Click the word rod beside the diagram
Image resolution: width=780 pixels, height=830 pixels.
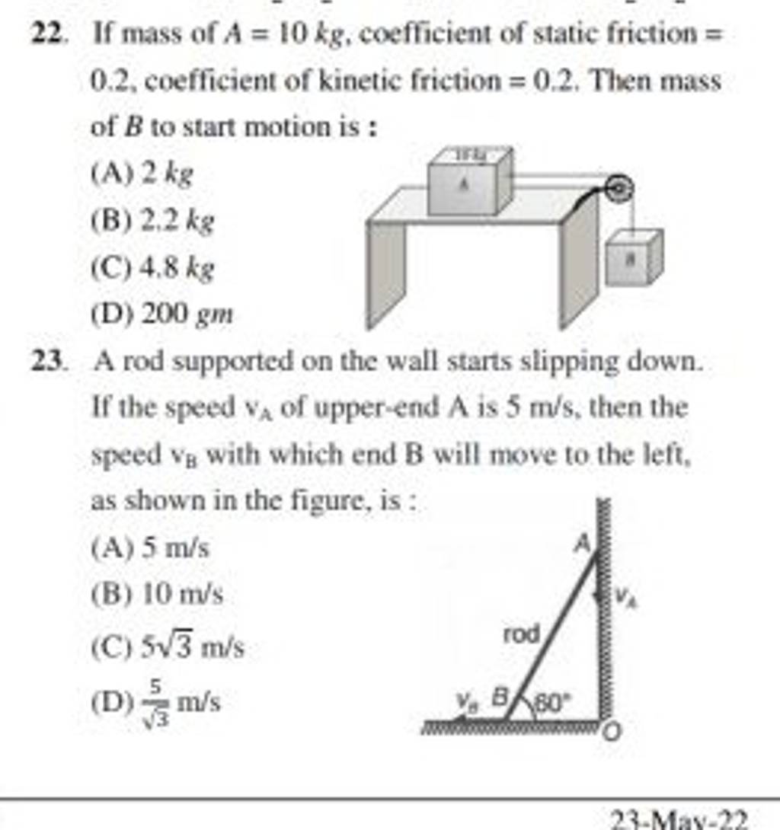pos(522,634)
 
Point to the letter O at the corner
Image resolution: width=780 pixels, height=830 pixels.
pos(614,733)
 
